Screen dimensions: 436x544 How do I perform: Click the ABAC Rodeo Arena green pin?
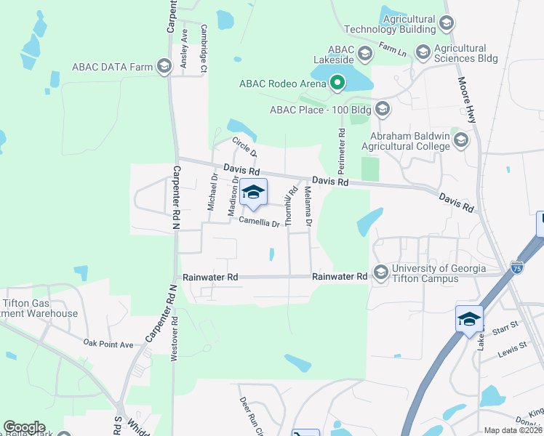(x=337, y=83)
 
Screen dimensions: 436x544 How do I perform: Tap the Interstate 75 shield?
(x=517, y=267)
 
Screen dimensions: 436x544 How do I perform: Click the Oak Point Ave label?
(x=108, y=343)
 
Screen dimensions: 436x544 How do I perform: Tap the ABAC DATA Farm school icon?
(x=164, y=68)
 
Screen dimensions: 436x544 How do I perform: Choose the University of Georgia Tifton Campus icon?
(x=380, y=272)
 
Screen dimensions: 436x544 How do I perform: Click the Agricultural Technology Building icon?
(x=447, y=24)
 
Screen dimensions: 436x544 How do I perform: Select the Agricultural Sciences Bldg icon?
(x=423, y=52)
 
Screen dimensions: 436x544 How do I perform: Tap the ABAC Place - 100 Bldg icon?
(x=383, y=110)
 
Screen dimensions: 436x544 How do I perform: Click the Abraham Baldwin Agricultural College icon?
(x=460, y=140)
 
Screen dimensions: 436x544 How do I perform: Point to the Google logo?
(x=24, y=427)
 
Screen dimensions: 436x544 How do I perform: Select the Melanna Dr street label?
(x=308, y=205)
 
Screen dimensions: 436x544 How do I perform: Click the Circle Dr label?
(x=244, y=146)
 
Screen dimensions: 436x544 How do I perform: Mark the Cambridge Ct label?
(x=204, y=48)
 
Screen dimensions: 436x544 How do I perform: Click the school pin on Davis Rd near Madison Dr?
(x=253, y=193)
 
